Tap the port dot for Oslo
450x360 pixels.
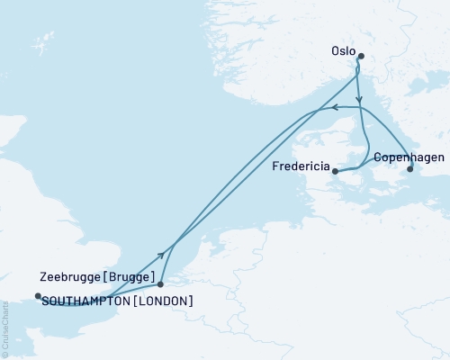click(x=361, y=57)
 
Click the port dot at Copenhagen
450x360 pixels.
click(x=410, y=168)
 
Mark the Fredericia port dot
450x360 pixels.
click(x=335, y=171)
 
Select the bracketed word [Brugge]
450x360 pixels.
click(x=136, y=276)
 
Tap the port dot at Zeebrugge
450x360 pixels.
click(x=160, y=283)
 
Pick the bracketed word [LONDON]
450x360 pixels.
click(x=163, y=301)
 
